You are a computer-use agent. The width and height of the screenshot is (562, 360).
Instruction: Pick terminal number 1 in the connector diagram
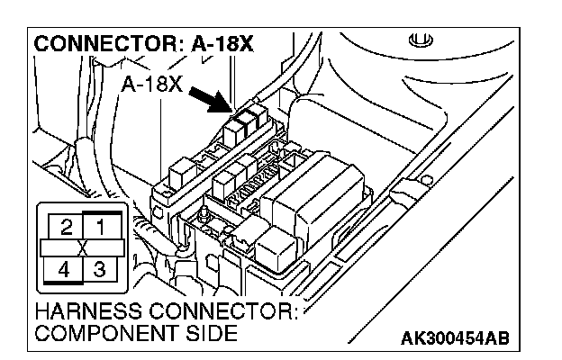(x=102, y=226)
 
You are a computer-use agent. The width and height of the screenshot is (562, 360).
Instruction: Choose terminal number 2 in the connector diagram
(x=67, y=226)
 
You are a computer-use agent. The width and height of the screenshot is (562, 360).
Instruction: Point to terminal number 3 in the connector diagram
(x=102, y=269)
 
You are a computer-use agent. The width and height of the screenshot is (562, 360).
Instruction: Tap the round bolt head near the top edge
(x=417, y=40)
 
